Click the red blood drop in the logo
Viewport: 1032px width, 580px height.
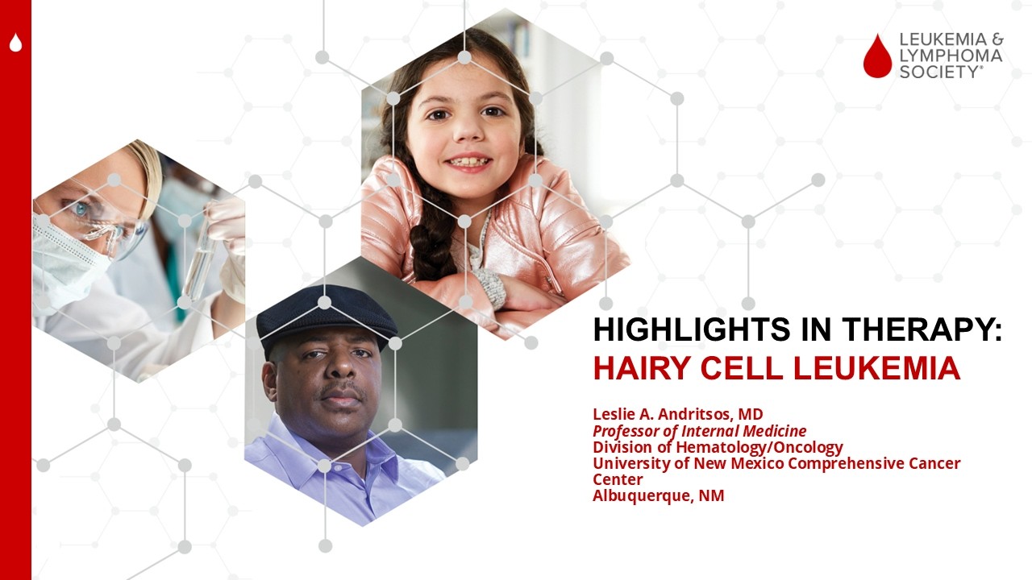coord(877,56)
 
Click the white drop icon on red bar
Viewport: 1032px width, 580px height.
coord(15,43)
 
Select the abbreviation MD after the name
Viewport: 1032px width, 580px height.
coord(751,415)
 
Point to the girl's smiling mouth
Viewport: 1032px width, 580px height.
coord(468,163)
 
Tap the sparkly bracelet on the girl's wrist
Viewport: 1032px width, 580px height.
coord(489,286)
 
